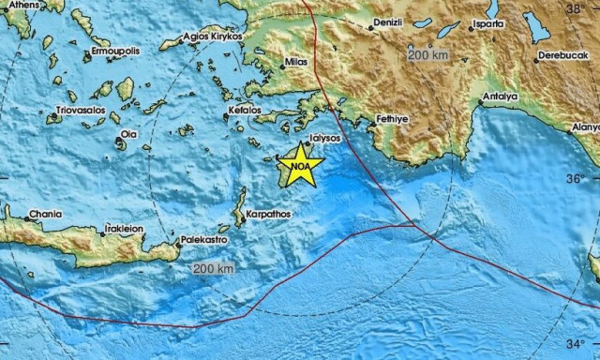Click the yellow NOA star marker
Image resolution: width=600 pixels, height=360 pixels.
click(x=300, y=167)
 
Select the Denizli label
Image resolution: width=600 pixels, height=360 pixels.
click(x=395, y=22)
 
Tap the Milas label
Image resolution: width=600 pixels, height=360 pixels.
click(x=297, y=64)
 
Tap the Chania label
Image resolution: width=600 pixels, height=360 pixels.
click(x=44, y=214)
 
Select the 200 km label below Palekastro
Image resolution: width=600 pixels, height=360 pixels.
click(x=212, y=269)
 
